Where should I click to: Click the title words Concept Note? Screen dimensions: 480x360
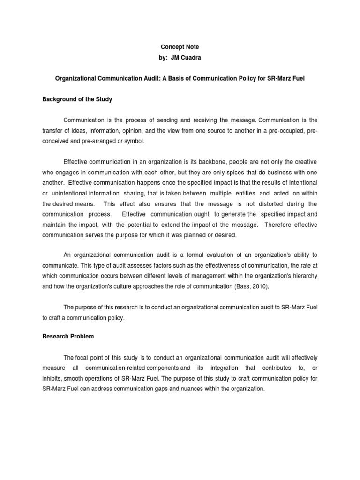click(180, 47)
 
